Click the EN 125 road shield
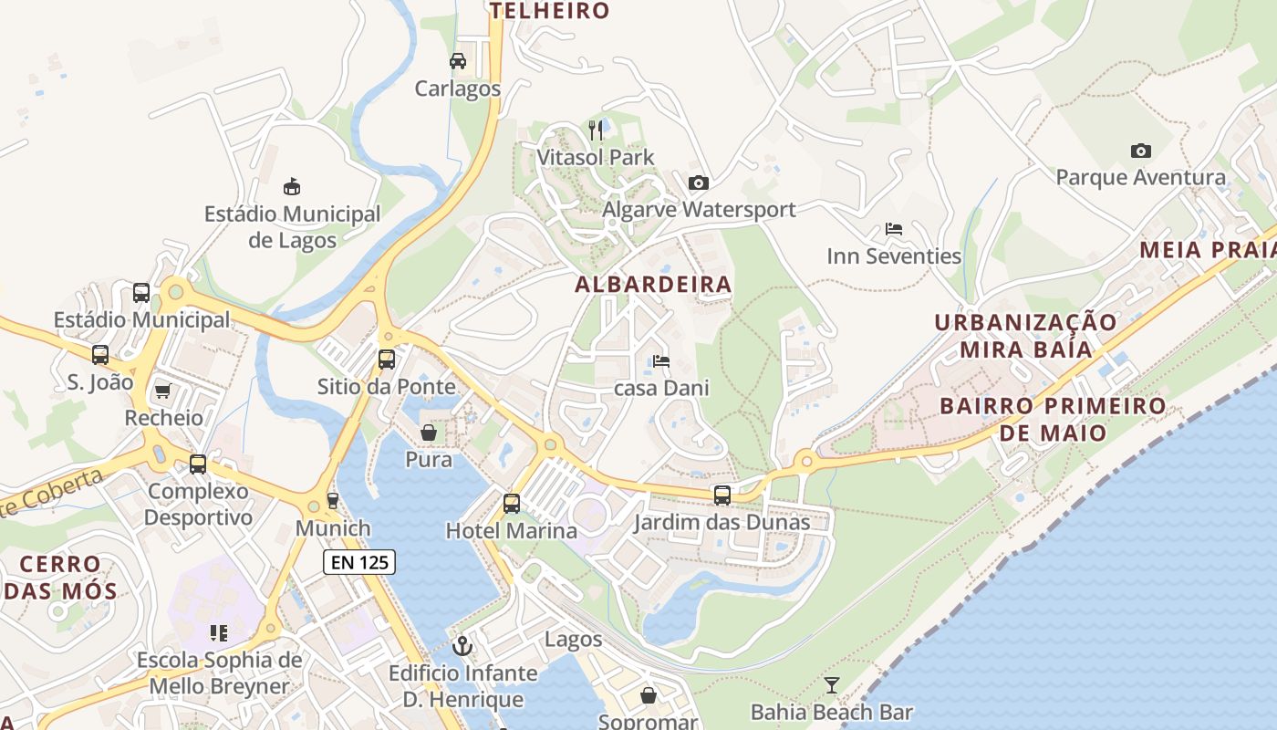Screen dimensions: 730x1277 [x=359, y=562]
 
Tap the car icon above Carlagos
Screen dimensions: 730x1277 [x=458, y=61]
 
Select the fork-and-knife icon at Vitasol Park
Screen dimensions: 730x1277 [x=596, y=130]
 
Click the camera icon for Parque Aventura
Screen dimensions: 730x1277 [x=1140, y=151]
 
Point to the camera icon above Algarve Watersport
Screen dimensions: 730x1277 [x=699, y=183]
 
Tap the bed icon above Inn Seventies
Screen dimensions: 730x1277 [x=894, y=229]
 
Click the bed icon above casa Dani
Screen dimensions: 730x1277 [x=661, y=361]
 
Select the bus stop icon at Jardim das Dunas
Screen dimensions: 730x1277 [x=722, y=495]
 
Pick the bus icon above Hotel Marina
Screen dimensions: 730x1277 [x=512, y=503]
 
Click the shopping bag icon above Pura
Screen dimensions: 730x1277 [x=428, y=432]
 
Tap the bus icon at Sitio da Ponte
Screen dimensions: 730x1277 [x=387, y=359]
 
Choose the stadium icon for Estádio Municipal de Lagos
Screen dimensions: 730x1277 [x=292, y=187]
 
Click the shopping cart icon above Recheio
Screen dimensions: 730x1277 [x=163, y=391]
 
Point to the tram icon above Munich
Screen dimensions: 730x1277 [x=333, y=501]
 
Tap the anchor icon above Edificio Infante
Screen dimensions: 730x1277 [x=462, y=646]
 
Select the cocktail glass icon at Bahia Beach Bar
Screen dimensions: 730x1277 [x=831, y=684]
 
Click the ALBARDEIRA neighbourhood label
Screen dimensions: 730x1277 [x=653, y=285]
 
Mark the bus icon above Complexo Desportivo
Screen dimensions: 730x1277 [x=198, y=464]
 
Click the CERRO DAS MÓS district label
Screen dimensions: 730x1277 [x=59, y=577]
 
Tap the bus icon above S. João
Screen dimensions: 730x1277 [x=100, y=355]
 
